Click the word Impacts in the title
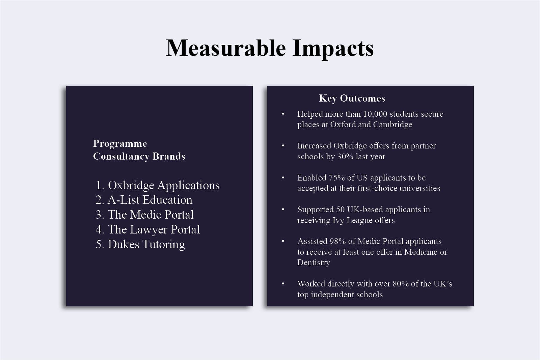coord(333,49)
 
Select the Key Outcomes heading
coord(352,98)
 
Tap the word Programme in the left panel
coord(120,144)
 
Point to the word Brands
coord(169,156)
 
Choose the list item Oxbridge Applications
coord(164,185)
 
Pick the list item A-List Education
coord(150,200)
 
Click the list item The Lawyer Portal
coord(154,229)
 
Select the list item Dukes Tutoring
coord(146,244)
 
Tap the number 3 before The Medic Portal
coord(99,215)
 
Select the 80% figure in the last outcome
coord(401,284)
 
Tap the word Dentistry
coord(314,262)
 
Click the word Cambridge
coord(393,124)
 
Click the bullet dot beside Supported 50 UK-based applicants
coord(283,210)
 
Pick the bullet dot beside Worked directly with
coord(283,284)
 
